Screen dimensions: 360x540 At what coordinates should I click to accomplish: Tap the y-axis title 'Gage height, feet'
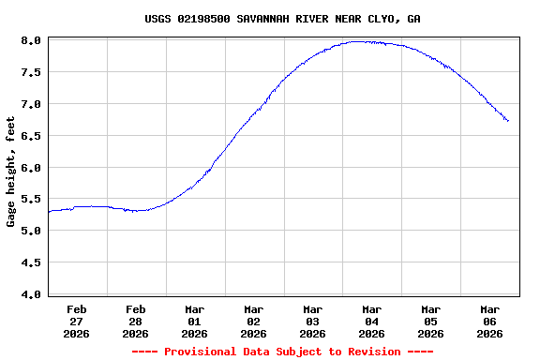(x=11, y=172)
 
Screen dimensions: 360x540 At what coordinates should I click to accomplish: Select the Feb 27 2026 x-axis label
(x=77, y=321)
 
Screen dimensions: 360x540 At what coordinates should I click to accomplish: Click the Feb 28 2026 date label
(x=136, y=321)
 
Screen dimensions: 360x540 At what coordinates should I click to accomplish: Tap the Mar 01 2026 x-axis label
(x=195, y=321)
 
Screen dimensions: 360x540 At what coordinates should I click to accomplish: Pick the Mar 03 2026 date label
(x=313, y=321)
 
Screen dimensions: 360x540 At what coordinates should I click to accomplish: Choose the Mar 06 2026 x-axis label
(x=490, y=321)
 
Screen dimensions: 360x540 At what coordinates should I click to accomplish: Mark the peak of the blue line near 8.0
(x=360, y=41)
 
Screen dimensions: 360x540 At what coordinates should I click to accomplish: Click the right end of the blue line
(x=508, y=121)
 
